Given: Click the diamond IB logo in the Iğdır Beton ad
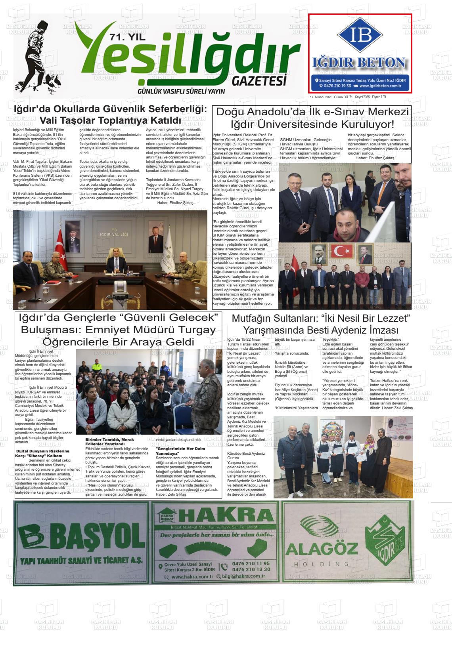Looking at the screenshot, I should point(360,36).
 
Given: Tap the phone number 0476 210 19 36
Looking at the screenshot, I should point(337,86).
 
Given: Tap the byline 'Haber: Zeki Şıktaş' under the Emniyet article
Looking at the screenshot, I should point(170,494).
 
